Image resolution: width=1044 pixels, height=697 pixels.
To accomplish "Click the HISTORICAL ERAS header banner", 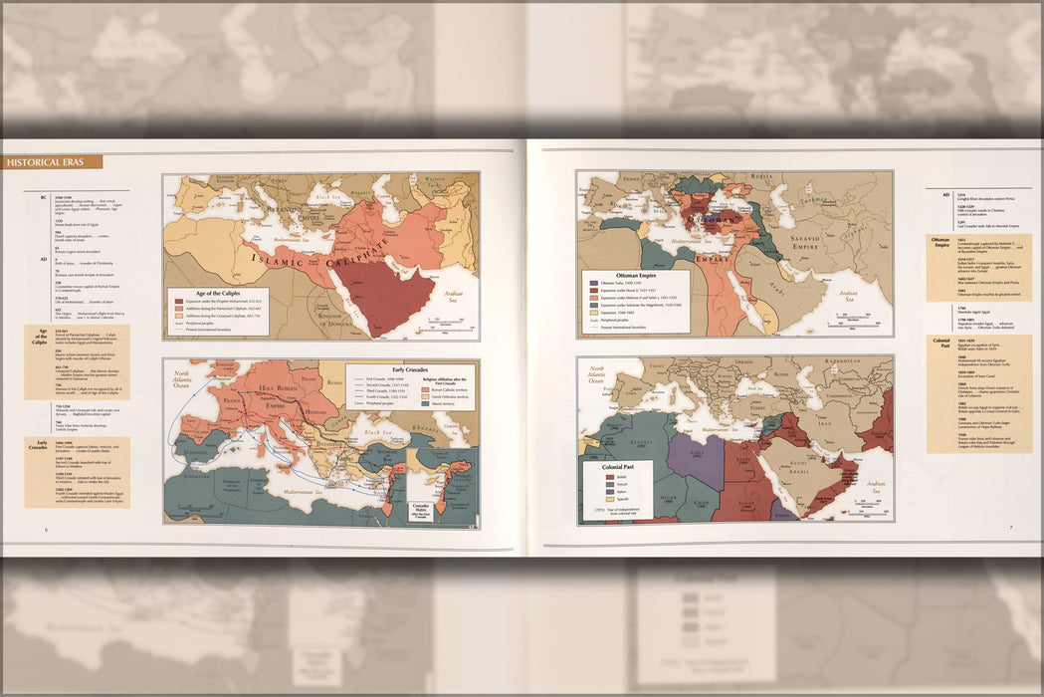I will (52, 162).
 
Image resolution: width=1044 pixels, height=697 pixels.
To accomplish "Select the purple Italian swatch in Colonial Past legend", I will (610, 500).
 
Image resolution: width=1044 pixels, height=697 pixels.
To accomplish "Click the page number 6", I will (46, 530).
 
